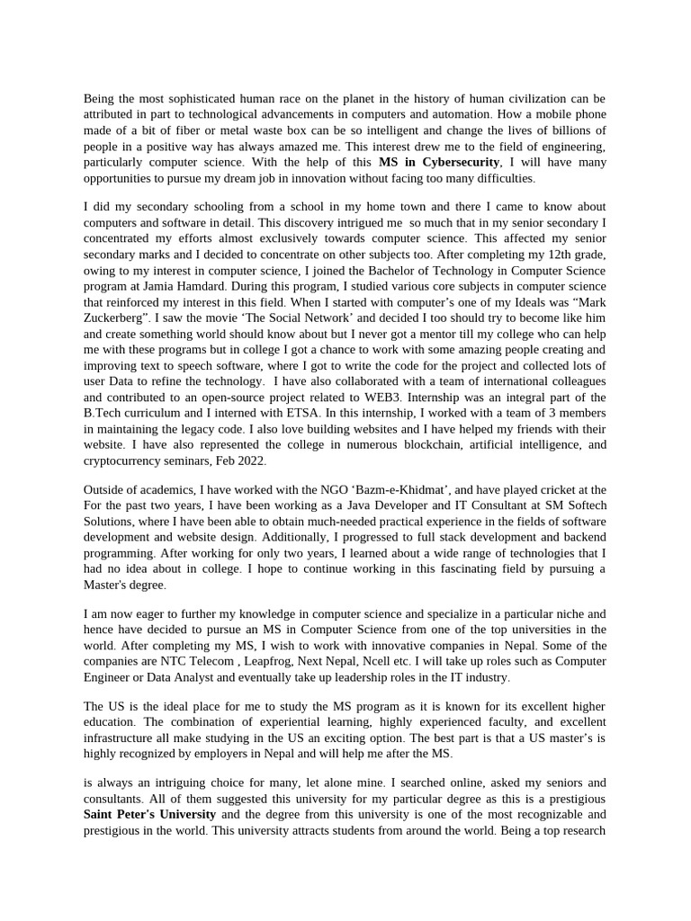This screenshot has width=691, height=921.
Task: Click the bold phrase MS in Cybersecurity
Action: pos(438,162)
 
